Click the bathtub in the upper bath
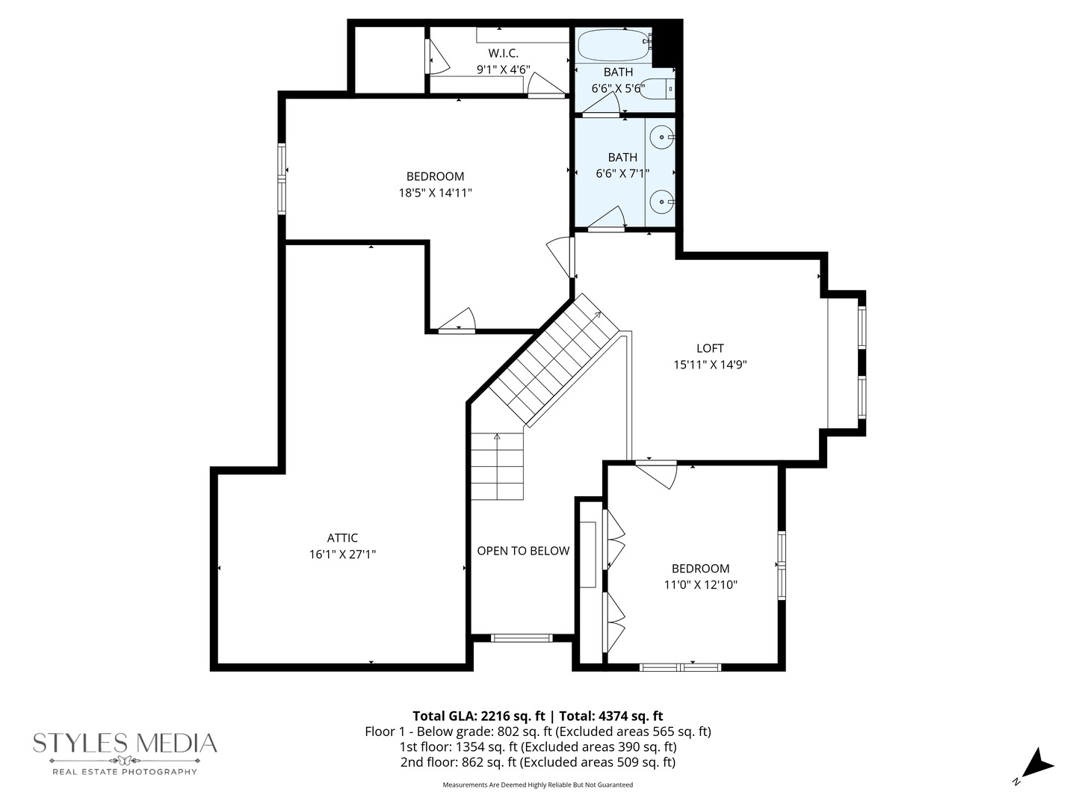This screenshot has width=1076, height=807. (x=615, y=45)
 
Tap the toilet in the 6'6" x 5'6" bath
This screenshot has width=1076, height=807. (x=657, y=89)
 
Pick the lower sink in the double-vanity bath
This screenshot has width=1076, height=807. (x=662, y=202)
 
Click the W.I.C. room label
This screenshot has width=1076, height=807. (x=503, y=53)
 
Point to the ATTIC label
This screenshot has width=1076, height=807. (x=342, y=537)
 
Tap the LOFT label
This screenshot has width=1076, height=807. (x=710, y=348)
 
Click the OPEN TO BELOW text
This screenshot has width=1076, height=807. (x=523, y=550)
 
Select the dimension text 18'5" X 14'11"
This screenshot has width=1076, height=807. (x=436, y=193)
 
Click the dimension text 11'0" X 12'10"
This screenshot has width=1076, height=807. (x=700, y=584)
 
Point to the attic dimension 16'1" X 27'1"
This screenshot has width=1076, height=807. (x=342, y=554)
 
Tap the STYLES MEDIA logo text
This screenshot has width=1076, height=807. (x=125, y=743)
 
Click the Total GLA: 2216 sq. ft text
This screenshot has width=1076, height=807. (x=479, y=716)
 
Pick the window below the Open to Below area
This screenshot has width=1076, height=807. (x=522, y=638)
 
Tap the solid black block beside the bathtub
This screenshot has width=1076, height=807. (x=667, y=45)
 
